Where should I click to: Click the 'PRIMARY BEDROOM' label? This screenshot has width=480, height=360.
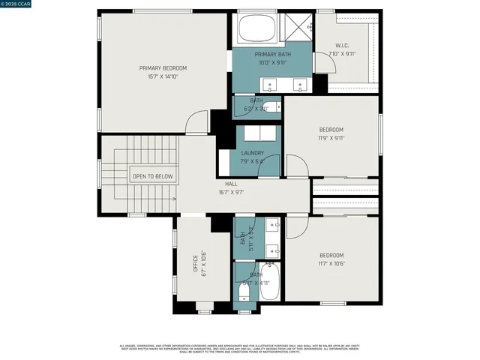coord(163,67)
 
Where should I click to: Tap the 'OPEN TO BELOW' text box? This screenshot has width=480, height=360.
coord(152,177)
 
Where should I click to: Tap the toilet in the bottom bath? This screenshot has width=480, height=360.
coord(246,293)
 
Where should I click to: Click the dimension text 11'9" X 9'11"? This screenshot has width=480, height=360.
coord(331,138)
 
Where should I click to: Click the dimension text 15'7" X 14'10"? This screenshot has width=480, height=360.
coord(163,76)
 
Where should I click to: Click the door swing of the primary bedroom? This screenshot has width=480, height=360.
coord(196,122)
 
